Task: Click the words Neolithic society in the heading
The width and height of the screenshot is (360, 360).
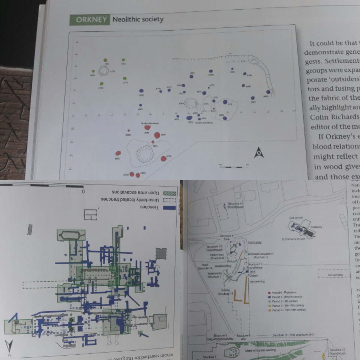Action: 138,20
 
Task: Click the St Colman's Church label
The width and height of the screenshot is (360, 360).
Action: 293,239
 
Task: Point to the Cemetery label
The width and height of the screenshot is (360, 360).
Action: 316,227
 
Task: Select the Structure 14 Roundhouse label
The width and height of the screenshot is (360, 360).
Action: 235,205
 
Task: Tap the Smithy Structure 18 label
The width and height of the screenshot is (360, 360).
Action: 227,292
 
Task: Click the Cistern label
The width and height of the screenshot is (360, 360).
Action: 253,275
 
